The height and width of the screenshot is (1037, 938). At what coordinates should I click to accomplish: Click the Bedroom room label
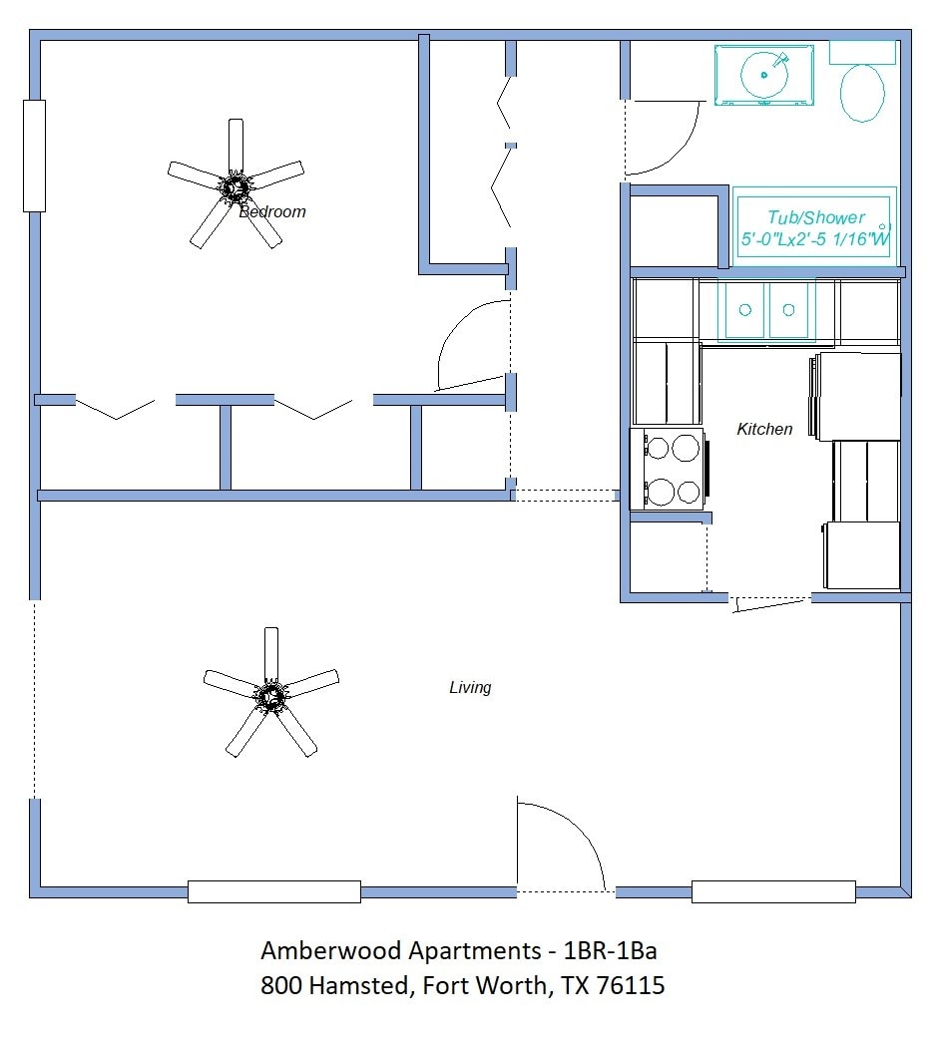(x=272, y=211)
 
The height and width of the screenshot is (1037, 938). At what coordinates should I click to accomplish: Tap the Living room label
(x=470, y=687)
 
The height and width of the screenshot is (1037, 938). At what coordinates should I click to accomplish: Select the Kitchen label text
(x=764, y=429)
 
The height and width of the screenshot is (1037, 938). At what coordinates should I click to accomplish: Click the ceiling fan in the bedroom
(x=235, y=185)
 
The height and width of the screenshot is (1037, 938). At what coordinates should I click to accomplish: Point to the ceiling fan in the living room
(x=270, y=694)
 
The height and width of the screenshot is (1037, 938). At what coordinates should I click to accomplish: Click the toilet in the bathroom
(x=862, y=92)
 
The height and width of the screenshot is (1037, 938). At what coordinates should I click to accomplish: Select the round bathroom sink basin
(x=764, y=74)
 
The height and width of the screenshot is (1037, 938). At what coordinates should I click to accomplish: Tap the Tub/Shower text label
(x=815, y=217)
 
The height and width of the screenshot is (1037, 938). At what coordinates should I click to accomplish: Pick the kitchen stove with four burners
(x=670, y=470)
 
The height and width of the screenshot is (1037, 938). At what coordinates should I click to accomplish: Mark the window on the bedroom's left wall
(x=34, y=156)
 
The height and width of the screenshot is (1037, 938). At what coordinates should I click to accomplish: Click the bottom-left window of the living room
(x=274, y=891)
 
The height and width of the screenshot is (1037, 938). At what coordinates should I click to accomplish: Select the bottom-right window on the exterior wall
(x=773, y=891)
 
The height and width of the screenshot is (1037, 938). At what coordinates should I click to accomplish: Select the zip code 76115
(x=630, y=986)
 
